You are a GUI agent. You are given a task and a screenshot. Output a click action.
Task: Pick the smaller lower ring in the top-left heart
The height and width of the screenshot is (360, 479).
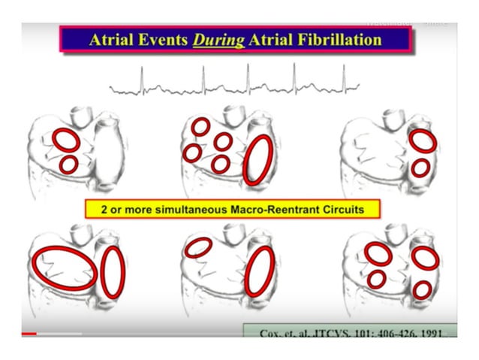click(x=68, y=165)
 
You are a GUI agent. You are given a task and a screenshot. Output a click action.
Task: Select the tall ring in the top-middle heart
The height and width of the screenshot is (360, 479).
click(x=258, y=160)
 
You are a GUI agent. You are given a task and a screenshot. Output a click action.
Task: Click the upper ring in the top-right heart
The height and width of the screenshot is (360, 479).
click(x=422, y=141)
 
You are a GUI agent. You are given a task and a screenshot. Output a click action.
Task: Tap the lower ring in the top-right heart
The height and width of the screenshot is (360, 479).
click(x=420, y=168)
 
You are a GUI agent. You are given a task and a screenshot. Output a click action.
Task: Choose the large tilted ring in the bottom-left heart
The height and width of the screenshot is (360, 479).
click(x=65, y=268)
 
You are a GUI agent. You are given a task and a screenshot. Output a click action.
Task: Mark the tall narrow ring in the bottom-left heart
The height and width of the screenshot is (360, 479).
click(x=113, y=271)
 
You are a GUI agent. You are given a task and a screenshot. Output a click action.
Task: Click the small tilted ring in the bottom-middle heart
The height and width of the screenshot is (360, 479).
click(x=198, y=247)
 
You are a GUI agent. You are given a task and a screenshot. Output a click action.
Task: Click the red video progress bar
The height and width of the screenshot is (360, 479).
click(x=29, y=333)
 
